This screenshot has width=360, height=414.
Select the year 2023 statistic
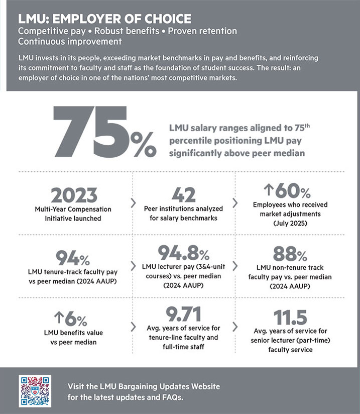click(73, 195)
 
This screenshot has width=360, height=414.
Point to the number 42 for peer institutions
click(184, 195)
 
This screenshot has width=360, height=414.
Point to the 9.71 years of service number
click(184, 315)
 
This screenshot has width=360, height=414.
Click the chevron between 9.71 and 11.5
click(234, 327)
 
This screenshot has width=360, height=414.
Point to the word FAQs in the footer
click(173, 398)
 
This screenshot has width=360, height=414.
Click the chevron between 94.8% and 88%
click(234, 264)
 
